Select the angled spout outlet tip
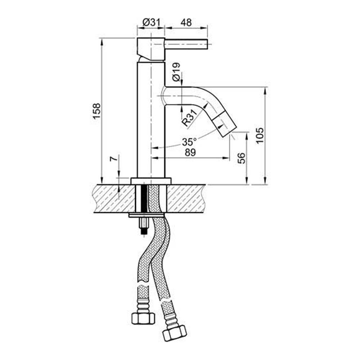[x=225, y=124]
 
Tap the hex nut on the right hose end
[x=174, y=333]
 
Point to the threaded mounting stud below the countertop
[x=144, y=227]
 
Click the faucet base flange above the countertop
[x=151, y=181]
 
